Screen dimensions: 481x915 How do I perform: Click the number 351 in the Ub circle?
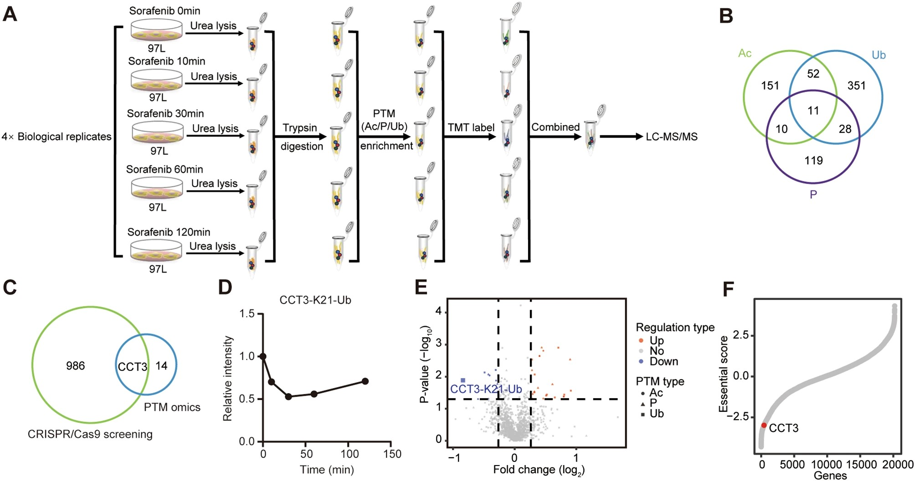pyautogui.click(x=856, y=86)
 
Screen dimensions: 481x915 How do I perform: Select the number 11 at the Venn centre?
pyautogui.click(x=813, y=111)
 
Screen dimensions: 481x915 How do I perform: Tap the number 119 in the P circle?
pyautogui.click(x=813, y=160)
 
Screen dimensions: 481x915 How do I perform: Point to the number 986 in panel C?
pyautogui.click(x=75, y=366)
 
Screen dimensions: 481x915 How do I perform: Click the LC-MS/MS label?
pyautogui.click(x=672, y=137)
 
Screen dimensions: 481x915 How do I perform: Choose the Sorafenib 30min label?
pyautogui.click(x=165, y=113)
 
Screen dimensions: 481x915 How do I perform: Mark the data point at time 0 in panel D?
pyautogui.click(x=263, y=356)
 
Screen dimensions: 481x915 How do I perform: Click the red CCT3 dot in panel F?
pyautogui.click(x=764, y=425)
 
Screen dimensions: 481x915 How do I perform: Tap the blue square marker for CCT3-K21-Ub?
pyautogui.click(x=463, y=380)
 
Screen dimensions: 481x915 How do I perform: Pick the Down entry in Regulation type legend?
pyautogui.click(x=663, y=362)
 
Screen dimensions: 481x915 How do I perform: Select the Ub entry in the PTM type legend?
pyautogui.click(x=656, y=414)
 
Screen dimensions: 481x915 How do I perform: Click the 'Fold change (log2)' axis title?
pyautogui.click(x=539, y=470)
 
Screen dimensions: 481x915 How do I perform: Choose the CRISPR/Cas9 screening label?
pyautogui.click(x=90, y=434)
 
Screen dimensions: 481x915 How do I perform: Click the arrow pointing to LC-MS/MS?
pyautogui.click(x=620, y=137)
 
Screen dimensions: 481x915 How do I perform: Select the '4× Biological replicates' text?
pyautogui.click(x=57, y=137)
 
